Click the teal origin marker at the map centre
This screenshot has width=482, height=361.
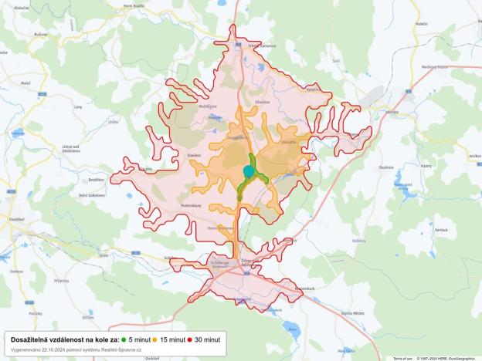(248, 171)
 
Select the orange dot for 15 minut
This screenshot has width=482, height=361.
(155, 339)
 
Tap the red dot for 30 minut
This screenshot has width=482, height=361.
(189, 339)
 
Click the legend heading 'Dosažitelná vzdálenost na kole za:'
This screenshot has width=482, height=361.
(64, 339)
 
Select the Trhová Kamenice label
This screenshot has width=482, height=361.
(253, 46)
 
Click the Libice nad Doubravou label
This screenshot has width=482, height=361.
(72, 148)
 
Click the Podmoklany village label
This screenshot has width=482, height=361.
(191, 206)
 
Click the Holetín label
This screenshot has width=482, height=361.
(421, 24)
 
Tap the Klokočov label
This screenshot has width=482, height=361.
(22, 6)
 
